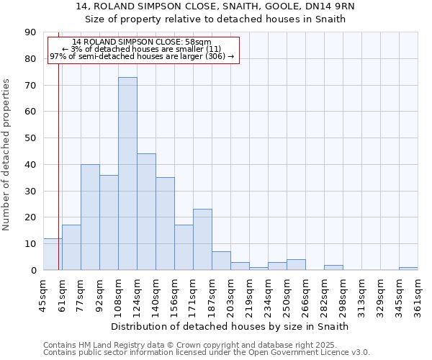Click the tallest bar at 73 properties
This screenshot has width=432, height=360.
(x=127, y=174)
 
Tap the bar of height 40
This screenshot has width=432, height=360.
(x=90, y=217)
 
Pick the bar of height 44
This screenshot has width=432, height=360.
(x=146, y=212)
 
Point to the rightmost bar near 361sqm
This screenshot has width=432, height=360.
(x=408, y=269)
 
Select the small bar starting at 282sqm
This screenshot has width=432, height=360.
(x=333, y=267)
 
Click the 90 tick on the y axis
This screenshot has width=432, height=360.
(x=31, y=32)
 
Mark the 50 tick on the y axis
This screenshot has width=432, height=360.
(x=31, y=138)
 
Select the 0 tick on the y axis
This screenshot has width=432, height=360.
(x=34, y=270)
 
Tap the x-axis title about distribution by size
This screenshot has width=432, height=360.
(x=230, y=326)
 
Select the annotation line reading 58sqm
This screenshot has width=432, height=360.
(x=142, y=42)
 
